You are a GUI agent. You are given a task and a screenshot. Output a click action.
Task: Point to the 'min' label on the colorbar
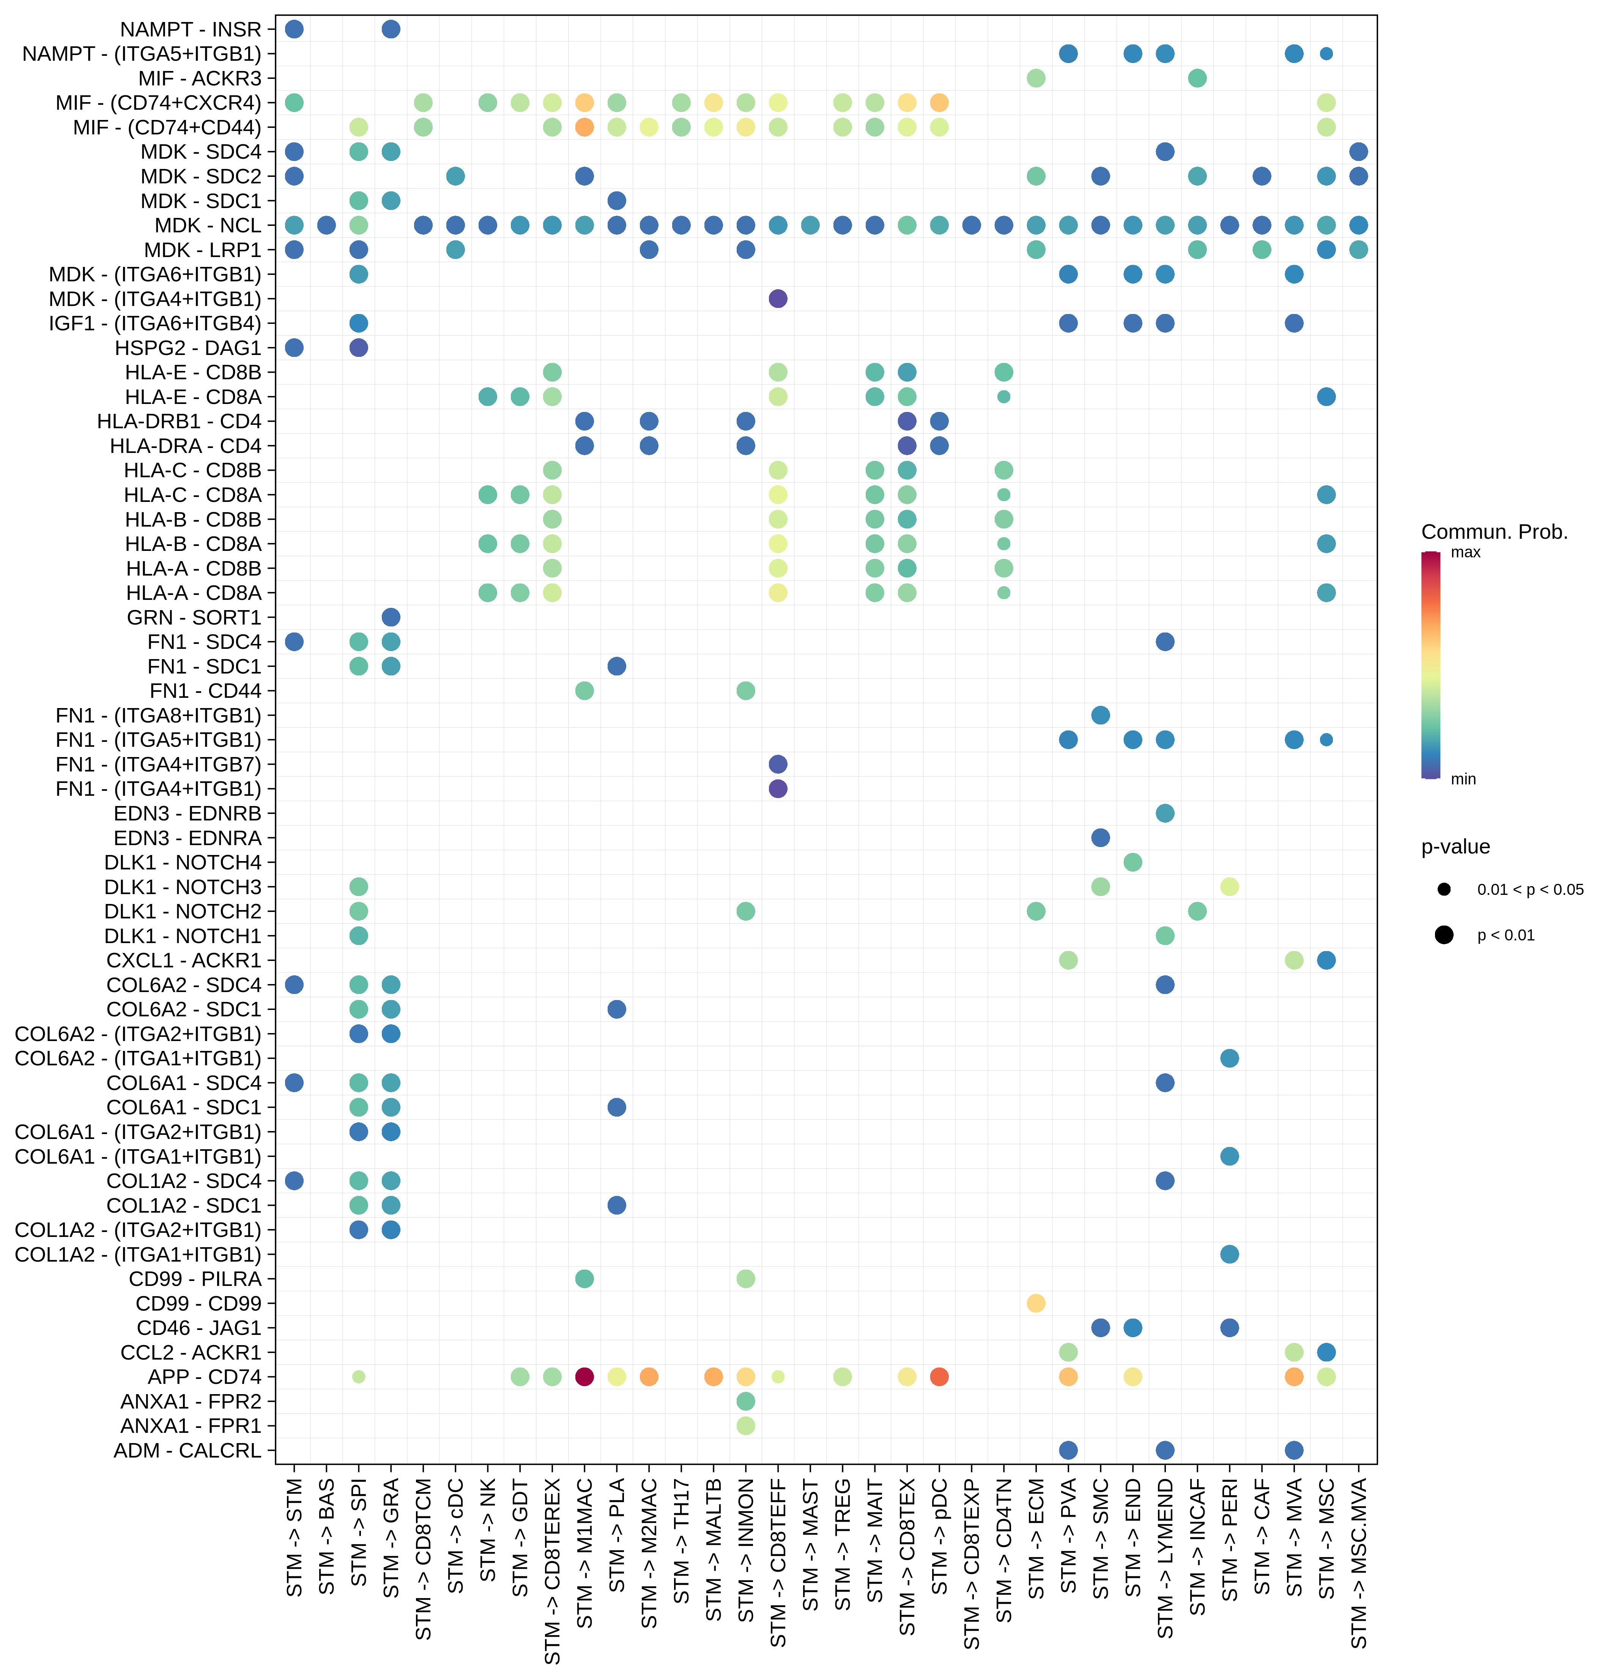(1463, 779)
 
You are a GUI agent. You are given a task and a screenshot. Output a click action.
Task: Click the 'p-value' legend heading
(1455, 847)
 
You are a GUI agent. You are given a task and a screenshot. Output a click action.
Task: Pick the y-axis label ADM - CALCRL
(188, 1450)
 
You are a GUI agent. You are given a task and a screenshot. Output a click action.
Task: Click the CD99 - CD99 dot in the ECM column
(1036, 1303)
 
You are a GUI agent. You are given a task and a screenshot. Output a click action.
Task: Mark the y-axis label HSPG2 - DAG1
(188, 348)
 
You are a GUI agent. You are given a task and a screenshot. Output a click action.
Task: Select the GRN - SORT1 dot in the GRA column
(391, 617)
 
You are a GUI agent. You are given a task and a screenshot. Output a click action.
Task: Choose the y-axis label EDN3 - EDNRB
(188, 814)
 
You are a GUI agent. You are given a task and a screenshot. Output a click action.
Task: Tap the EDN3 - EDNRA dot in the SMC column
(1101, 838)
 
